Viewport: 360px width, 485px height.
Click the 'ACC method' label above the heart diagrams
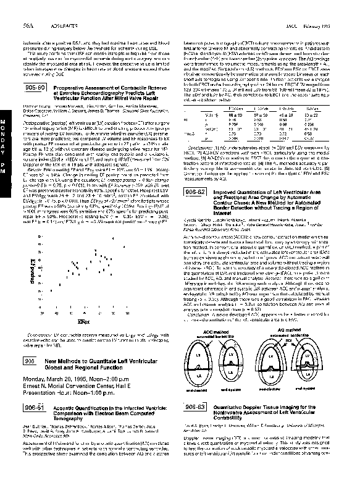pos(216,332)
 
